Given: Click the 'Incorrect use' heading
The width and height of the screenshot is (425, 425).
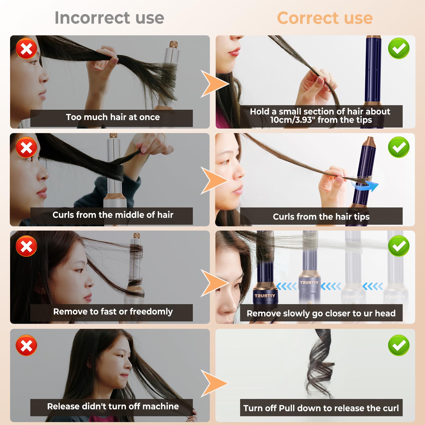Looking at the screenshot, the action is (109, 18).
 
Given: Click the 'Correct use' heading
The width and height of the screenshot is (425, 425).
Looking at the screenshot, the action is (325, 18).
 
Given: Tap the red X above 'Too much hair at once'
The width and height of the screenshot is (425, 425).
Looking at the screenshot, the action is (26, 48).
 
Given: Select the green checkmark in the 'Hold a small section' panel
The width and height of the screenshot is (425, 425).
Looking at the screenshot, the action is (399, 48).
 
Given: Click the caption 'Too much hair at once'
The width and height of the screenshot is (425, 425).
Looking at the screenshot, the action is (113, 117).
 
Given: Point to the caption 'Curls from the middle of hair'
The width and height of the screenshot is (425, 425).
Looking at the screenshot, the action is (113, 215).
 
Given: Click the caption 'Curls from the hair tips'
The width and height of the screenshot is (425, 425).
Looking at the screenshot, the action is (321, 217).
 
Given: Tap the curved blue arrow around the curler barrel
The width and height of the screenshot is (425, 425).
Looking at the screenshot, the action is (365, 185).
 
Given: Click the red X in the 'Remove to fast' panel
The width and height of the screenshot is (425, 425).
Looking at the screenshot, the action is (26, 246).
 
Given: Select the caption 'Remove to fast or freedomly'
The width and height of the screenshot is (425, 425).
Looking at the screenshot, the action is (113, 312).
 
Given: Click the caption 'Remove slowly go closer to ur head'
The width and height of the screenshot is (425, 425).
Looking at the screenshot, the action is (321, 313).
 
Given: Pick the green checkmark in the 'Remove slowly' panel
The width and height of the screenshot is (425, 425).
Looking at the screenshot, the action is (399, 246).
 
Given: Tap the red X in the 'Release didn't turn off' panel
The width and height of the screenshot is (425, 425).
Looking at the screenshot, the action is (26, 345).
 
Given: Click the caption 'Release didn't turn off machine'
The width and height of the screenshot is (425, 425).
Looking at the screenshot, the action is (113, 406).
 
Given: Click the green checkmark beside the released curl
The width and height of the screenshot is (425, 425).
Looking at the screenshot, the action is (399, 345).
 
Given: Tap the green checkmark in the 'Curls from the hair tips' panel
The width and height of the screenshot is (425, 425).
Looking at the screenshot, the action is (399, 147).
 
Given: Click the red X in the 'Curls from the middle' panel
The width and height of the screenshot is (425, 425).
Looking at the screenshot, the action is (26, 147).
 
